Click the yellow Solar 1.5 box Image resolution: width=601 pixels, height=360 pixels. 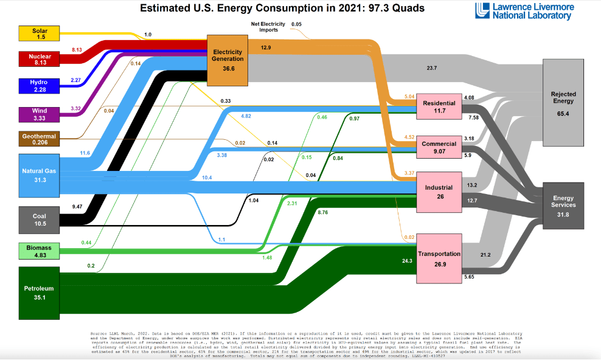pos(40,34)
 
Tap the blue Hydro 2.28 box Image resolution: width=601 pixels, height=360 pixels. pos(40,85)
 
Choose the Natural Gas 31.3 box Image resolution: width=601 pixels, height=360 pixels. pos(40,176)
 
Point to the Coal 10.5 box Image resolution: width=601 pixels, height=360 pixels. pos(40,220)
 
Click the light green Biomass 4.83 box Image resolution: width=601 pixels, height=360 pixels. pos(40,251)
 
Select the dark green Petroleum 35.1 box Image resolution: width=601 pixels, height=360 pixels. pos(40,292)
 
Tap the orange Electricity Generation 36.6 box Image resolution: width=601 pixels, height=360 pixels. pos(228,60)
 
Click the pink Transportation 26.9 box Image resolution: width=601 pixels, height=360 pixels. pos(439,258)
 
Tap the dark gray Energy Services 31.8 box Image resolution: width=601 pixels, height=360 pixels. pos(563,206)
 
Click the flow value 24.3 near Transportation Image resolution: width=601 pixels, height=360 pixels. pos(407,261)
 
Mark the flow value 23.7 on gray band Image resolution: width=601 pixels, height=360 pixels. pos(431,68)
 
